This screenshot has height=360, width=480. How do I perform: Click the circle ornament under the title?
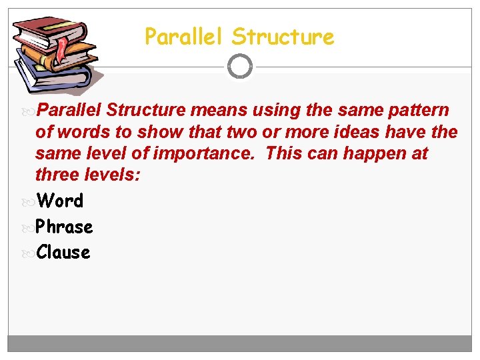240,66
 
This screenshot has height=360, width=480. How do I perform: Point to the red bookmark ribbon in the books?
63,47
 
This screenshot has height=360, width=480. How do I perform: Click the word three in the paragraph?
57,176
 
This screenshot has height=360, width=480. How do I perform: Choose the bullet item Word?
60,201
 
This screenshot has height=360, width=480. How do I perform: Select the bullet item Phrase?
64,227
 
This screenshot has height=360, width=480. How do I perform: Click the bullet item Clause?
63,252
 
